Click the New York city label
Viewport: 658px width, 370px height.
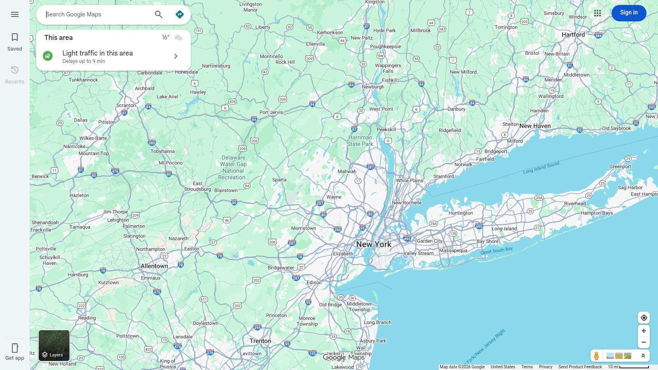click(374, 244)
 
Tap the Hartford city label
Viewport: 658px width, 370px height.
click(573, 35)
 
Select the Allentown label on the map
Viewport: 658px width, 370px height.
click(154, 266)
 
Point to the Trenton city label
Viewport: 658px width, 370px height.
click(260, 341)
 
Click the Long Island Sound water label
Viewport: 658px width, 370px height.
click(541, 167)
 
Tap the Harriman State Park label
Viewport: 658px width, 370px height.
click(360, 141)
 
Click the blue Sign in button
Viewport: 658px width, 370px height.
click(628, 13)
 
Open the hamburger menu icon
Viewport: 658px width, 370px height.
click(15, 14)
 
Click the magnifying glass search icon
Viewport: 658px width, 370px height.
click(159, 14)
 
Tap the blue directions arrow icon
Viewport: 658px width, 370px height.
click(180, 14)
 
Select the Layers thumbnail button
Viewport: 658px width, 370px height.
click(54, 345)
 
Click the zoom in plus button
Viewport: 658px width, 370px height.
click(644, 331)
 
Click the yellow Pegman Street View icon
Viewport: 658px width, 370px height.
click(596, 356)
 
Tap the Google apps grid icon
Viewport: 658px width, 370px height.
click(598, 13)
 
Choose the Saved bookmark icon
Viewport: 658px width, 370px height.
click(15, 38)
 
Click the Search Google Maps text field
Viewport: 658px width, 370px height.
click(97, 14)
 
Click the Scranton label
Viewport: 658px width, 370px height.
click(126, 105)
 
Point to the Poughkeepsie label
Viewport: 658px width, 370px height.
click(385, 46)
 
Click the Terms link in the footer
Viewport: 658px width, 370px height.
click(527, 367)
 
